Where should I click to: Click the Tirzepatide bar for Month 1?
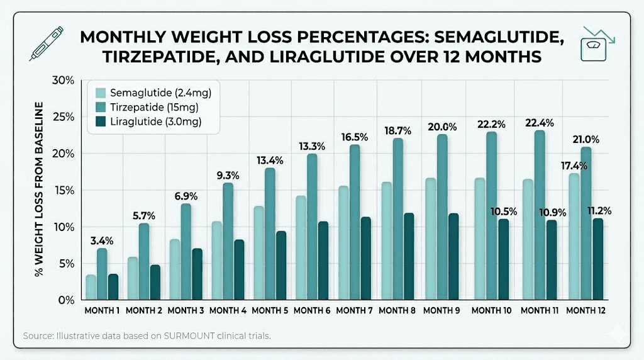(x=102, y=274)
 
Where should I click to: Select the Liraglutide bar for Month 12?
(x=597, y=259)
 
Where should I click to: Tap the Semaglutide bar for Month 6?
(x=301, y=248)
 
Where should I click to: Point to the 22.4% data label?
(x=540, y=122)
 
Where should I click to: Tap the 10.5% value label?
(x=504, y=211)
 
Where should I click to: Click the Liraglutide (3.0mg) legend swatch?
(x=100, y=121)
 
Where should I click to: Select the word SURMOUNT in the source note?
(x=188, y=335)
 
